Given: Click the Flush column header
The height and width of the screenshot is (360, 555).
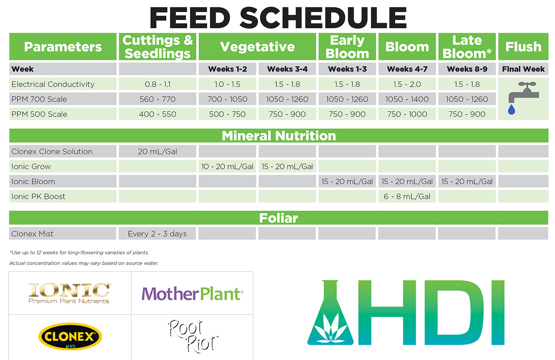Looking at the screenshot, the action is (x=523, y=47).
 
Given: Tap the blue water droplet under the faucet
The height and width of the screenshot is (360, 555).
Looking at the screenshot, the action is (x=511, y=110).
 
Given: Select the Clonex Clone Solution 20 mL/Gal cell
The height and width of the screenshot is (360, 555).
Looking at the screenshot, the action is (x=158, y=151).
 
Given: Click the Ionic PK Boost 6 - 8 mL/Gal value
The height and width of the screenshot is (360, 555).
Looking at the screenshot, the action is (x=407, y=196).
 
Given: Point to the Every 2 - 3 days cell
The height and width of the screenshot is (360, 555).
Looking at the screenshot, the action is (x=157, y=234).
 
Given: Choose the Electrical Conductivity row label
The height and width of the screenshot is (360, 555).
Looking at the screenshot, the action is (x=53, y=84).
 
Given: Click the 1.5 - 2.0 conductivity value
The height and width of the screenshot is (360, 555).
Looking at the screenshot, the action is (x=407, y=84).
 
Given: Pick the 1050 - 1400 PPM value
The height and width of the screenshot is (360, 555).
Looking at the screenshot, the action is (x=407, y=99).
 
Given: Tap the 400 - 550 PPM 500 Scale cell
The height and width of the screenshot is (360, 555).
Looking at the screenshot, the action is (x=158, y=114).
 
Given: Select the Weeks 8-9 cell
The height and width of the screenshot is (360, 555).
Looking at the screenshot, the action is (x=467, y=69).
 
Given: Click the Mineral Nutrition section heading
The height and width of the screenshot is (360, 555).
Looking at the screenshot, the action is (x=279, y=136).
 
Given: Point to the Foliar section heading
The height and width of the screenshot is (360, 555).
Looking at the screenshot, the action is (x=279, y=218).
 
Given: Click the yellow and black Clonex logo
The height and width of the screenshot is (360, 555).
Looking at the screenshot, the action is (x=70, y=336).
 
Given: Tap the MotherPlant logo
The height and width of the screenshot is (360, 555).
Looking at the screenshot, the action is (x=192, y=294).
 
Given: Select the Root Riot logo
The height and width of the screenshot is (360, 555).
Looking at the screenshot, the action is (x=193, y=336).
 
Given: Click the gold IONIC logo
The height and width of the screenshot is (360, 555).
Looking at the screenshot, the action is (x=69, y=293).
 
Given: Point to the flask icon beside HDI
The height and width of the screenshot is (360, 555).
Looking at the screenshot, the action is (x=330, y=313).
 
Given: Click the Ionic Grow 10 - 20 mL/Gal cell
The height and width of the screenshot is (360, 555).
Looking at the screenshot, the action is (x=227, y=166).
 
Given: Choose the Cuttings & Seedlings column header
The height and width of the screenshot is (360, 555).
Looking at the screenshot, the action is (x=158, y=47).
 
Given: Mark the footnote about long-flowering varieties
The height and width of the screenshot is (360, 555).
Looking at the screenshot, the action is (x=79, y=252).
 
